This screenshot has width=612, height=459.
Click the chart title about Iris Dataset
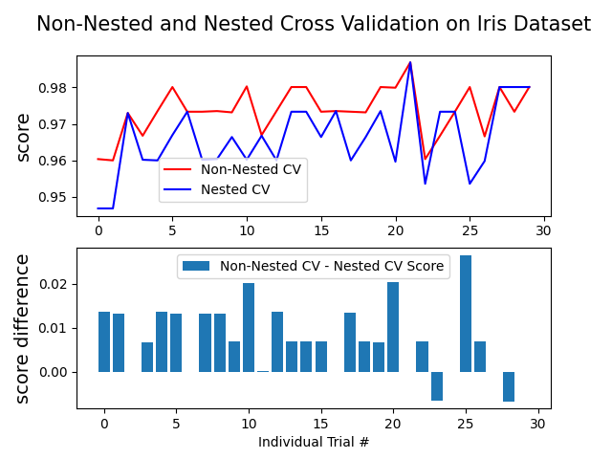pyautogui.click(x=314, y=25)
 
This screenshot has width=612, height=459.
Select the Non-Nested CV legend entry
pyautogui.click(x=251, y=169)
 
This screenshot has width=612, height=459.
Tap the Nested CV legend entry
pyautogui.click(x=235, y=189)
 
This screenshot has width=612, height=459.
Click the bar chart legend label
pyautogui.click(x=332, y=266)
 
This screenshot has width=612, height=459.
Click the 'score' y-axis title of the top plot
pyautogui.click(x=23, y=136)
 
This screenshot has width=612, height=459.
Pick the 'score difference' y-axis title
pyautogui.click(x=23, y=328)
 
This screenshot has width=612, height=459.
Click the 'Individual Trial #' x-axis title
pyautogui.click(x=314, y=442)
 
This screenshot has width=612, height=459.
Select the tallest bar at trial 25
pyautogui.click(x=466, y=314)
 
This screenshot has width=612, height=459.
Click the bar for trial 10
pyautogui.click(x=249, y=327)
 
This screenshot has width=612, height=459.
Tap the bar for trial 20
pyautogui.click(x=393, y=327)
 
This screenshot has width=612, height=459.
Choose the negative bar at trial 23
pyautogui.click(x=437, y=386)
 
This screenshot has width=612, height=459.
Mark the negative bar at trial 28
pyautogui.click(x=509, y=386)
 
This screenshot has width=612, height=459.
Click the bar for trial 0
pyautogui.click(x=104, y=341)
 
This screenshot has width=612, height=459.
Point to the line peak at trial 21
pyautogui.click(x=410, y=63)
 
